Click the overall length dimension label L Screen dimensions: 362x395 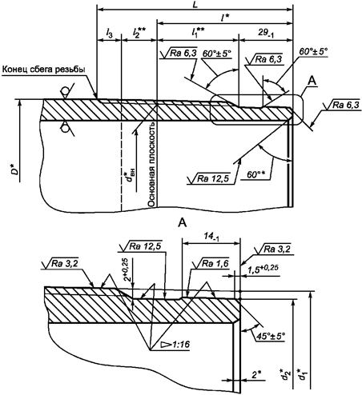point(195,5)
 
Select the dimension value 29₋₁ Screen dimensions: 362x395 point(266,33)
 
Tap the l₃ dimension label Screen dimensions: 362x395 point(109,33)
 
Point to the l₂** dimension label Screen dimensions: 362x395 point(139,33)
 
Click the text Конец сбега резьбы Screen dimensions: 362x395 point(44,69)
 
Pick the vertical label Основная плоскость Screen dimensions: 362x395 point(151,165)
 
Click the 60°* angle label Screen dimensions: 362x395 point(255,175)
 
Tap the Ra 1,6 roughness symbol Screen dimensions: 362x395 point(211,263)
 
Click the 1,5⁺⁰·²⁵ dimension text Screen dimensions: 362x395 point(263,269)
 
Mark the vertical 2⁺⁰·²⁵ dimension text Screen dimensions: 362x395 point(128,269)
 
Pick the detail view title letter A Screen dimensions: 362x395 point(183,223)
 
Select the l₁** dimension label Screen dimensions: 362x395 point(198,32)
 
